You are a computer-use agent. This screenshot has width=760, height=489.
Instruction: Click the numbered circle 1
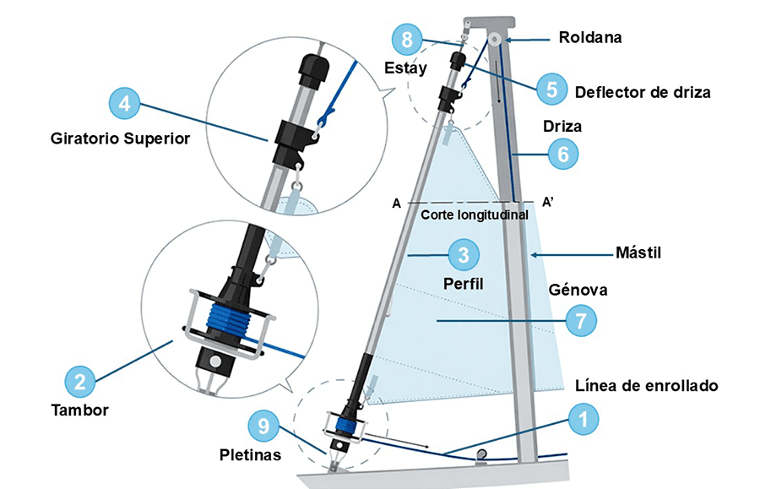click(x=583, y=418)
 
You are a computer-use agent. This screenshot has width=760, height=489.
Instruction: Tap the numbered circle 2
click(x=79, y=380)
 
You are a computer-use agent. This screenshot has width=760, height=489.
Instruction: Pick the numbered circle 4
click(x=125, y=104)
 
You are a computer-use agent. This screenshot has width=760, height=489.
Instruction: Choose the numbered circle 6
click(x=563, y=154)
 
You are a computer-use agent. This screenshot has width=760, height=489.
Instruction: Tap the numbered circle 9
click(x=264, y=427)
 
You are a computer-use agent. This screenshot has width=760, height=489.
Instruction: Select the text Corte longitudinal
click(x=475, y=215)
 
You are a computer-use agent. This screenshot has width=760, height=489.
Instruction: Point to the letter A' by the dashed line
click(x=547, y=203)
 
